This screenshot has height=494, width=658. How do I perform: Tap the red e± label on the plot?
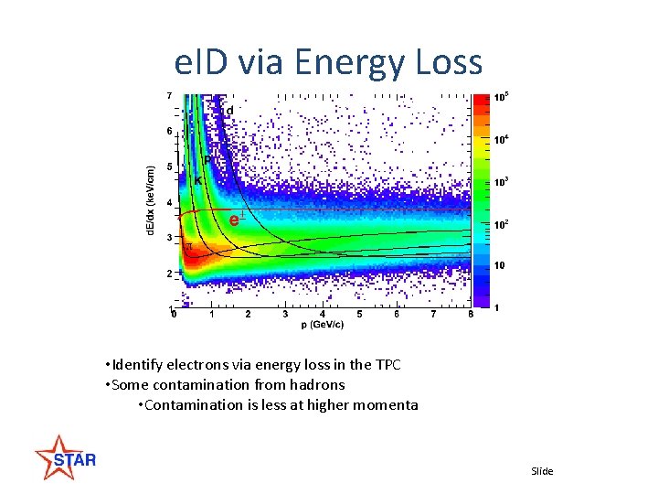[235, 220]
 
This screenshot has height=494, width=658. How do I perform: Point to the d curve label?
[229, 111]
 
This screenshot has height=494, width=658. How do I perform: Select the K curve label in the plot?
[198, 181]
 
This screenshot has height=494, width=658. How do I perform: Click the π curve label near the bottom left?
[189, 246]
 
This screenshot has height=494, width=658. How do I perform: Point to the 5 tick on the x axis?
[359, 315]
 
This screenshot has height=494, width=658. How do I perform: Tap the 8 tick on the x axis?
[470, 315]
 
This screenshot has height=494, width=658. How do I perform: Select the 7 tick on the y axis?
[168, 95]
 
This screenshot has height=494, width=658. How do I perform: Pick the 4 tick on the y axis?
[168, 202]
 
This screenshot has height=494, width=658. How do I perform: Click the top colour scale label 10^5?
[501, 97]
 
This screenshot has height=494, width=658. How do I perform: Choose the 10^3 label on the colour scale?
[501, 182]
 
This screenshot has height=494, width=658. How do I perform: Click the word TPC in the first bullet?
[387, 365]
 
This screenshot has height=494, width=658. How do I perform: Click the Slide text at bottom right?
[542, 471]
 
